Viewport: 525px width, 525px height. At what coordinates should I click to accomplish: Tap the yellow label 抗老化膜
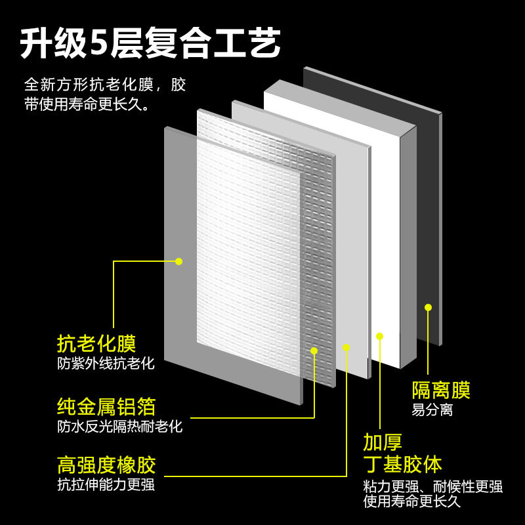96,343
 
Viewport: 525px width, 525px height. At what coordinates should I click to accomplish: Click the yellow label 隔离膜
441,390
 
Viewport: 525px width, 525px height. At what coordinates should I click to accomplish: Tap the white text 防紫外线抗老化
106,363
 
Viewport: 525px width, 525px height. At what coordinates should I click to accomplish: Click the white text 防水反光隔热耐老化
119,426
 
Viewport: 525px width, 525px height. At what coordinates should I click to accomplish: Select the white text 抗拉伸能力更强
106,485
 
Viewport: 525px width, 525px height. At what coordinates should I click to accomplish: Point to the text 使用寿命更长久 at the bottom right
412,502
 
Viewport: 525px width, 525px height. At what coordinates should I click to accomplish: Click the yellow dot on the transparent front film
178,261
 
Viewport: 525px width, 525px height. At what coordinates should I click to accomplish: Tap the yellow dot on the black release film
428,307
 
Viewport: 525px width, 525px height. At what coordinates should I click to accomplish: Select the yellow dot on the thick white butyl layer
379,336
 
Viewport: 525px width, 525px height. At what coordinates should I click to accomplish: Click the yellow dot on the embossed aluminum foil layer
314,350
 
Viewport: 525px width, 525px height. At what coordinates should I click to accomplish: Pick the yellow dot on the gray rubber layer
346,346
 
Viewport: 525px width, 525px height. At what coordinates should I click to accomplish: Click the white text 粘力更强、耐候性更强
433,486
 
